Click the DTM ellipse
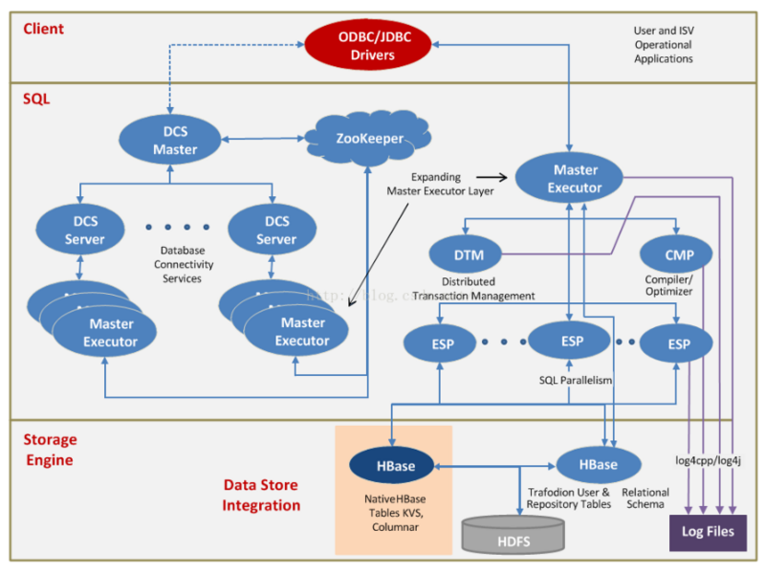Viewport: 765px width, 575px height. (463, 254)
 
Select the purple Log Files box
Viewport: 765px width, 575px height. (707, 532)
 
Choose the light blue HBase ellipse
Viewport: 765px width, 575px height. (598, 465)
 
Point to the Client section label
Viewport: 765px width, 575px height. (44, 29)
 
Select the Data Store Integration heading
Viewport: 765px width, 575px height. (262, 496)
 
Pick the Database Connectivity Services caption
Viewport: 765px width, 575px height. (182, 264)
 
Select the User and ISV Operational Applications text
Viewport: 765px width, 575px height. (664, 45)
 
